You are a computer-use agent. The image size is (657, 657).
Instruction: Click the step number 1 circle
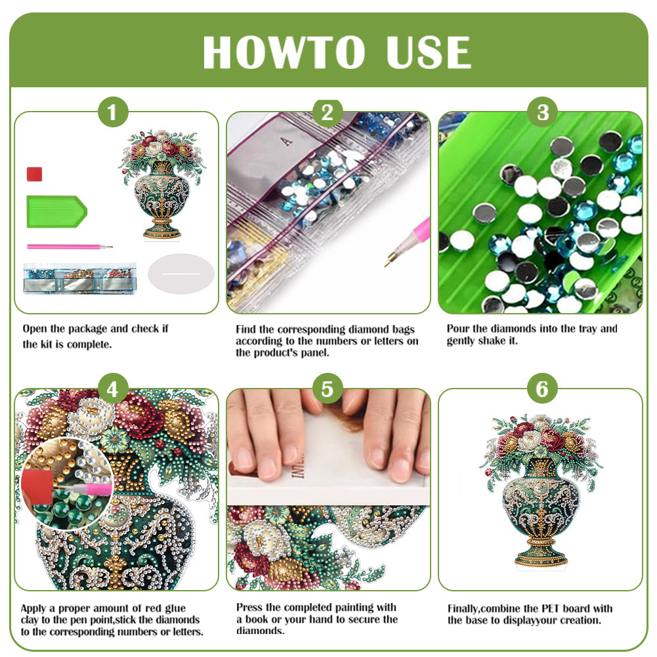112,113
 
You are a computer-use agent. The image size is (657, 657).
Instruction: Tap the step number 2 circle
328,113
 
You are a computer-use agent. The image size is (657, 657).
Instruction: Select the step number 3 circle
542,113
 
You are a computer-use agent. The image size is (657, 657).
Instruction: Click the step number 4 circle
112,390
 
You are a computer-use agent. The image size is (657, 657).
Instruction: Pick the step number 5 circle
328,390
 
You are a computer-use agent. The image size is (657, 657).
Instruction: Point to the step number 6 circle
542,390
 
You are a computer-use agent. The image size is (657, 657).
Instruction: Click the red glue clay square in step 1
34,175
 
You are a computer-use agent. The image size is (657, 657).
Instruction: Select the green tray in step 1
56,211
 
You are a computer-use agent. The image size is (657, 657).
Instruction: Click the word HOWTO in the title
284,53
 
